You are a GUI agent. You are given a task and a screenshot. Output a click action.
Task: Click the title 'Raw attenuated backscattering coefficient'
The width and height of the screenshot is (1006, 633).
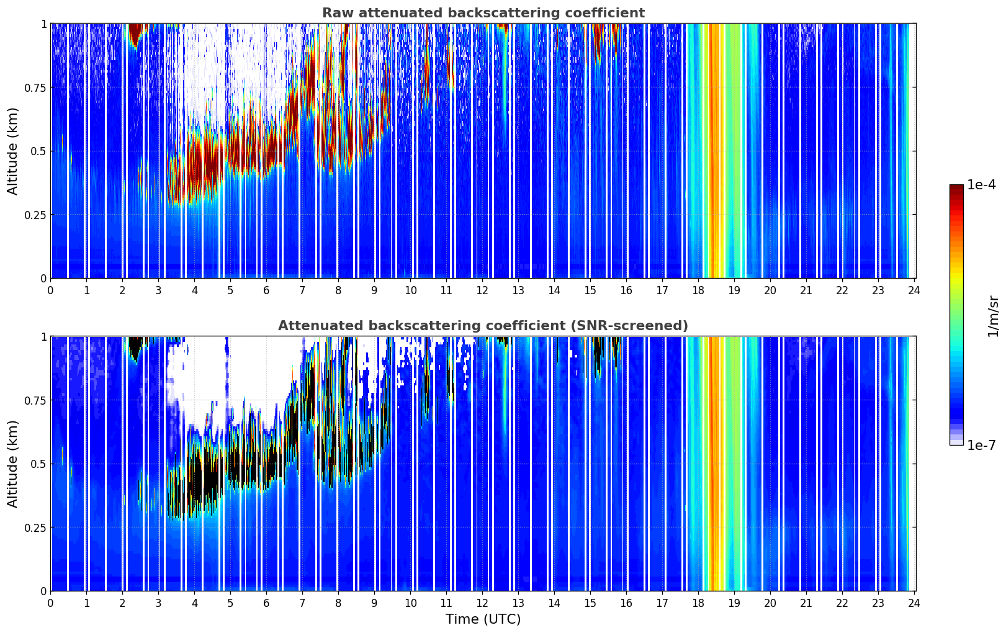[483, 13]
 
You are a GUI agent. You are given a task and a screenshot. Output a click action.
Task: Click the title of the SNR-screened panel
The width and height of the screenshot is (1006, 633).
[483, 326]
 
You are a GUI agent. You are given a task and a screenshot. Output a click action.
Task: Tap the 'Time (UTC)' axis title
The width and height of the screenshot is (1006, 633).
[483, 619]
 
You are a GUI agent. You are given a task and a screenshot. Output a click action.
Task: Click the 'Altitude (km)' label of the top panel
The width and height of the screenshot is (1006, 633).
[13, 151]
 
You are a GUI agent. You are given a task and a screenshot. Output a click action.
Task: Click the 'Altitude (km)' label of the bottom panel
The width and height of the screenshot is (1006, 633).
[13, 464]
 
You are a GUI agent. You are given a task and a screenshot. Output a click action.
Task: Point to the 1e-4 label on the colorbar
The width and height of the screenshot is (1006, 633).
[981, 185]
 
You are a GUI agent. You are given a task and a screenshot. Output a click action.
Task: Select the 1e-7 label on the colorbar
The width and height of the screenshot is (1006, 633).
[981, 445]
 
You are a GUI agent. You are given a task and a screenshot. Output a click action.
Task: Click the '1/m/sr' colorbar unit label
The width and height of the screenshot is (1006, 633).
[993, 316]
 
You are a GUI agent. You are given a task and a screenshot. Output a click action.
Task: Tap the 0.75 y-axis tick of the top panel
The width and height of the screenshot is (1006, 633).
[35, 88]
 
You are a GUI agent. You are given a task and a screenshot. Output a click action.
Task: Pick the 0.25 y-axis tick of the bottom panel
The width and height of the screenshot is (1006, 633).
[35, 527]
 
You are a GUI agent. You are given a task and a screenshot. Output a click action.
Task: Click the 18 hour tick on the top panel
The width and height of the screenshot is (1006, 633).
[698, 290]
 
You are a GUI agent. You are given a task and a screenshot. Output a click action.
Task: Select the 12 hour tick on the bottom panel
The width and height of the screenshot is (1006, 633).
[482, 603]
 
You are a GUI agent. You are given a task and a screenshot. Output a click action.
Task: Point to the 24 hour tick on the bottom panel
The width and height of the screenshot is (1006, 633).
[914, 603]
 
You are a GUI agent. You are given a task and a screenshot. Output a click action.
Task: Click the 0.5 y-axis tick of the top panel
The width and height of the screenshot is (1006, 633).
[38, 151]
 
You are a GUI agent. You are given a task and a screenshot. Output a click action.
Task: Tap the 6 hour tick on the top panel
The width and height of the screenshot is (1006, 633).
[266, 290]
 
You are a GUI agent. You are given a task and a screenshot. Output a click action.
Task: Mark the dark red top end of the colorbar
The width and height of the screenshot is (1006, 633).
[956, 187]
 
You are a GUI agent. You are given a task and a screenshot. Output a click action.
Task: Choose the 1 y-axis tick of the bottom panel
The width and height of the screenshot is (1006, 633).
[43, 336]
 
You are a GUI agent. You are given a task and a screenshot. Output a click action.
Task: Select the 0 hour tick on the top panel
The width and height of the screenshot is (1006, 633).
[51, 290]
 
